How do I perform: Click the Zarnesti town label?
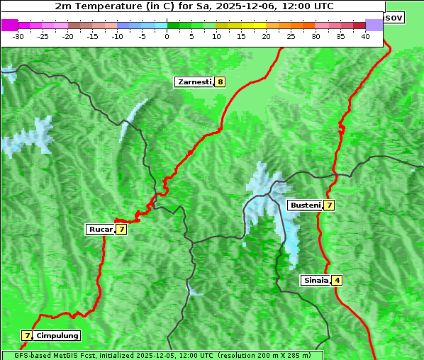[x=194, y=82]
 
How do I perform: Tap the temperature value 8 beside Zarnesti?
[x=221, y=82]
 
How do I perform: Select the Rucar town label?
[x=100, y=229]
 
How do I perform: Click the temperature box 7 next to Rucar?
[x=121, y=229]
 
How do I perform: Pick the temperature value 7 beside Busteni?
[x=329, y=206]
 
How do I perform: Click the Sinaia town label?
[x=316, y=280]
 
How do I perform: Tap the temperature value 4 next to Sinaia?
[x=337, y=280]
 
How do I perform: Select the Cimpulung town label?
[x=57, y=335]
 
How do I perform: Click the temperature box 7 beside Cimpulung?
[x=27, y=335]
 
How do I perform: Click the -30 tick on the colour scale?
[x=18, y=35]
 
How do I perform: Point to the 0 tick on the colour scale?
[x=167, y=35]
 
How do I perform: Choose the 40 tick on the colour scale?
[x=365, y=35]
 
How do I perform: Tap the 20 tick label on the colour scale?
[x=266, y=35]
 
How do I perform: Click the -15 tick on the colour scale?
[x=93, y=35]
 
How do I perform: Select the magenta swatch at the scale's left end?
[x=10, y=25]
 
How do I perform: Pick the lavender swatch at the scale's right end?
[x=374, y=25]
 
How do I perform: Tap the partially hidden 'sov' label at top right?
[x=394, y=17]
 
